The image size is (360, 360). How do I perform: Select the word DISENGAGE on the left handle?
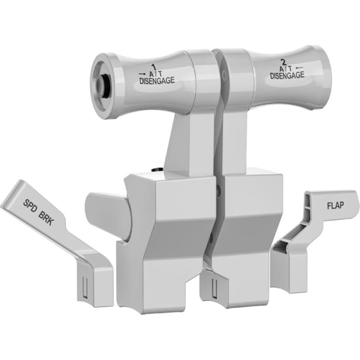tap(157, 81)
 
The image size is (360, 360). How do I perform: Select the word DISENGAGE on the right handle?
tap(287, 76)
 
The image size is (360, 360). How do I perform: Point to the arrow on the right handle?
tap(299, 68)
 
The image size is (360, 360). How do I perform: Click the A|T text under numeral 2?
tap(285, 68)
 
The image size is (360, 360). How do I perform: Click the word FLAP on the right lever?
tap(335, 205)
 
